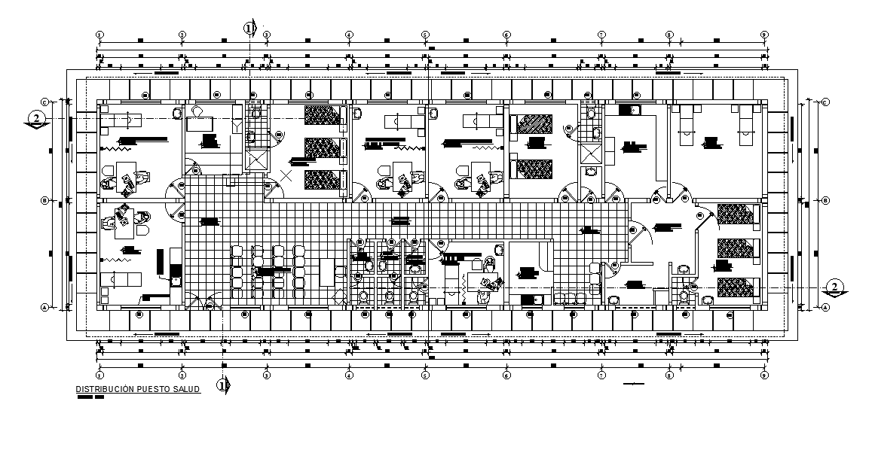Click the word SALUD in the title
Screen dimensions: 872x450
187,389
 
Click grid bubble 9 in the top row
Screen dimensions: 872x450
764,35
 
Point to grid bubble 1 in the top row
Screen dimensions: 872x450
99,35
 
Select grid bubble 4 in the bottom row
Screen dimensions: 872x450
349,374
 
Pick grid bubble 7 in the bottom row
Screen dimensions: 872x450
601,374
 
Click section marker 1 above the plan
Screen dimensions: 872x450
250,28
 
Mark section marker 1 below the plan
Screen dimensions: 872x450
223,385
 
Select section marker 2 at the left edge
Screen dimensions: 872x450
35,118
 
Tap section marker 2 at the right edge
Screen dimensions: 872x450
834,286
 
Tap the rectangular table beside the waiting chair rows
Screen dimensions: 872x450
327,272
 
